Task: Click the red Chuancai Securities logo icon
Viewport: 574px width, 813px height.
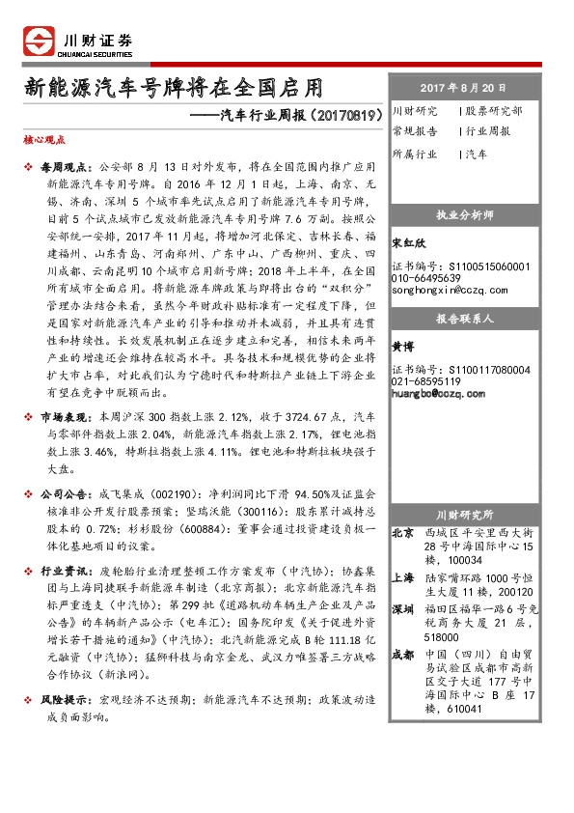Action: pos(39,42)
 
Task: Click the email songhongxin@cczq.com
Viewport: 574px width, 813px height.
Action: pos(450,289)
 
